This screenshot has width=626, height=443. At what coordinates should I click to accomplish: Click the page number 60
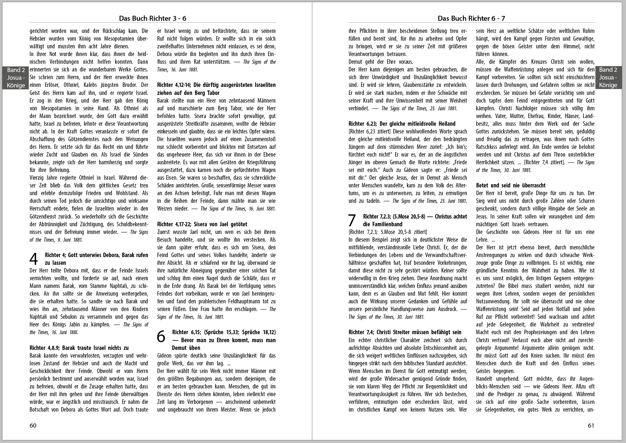click(x=33, y=426)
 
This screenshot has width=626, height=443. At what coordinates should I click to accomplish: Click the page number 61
click(x=591, y=426)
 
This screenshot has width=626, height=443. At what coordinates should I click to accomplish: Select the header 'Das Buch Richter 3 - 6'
click(x=152, y=18)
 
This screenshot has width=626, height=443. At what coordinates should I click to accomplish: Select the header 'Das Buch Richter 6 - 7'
click(x=471, y=18)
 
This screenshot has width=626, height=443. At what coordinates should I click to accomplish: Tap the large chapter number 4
click(x=34, y=259)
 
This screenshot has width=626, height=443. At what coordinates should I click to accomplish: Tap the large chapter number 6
click(x=161, y=336)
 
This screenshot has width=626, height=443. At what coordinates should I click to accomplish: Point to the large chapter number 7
click(x=352, y=220)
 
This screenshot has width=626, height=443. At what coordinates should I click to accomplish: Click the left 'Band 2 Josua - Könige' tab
click(x=16, y=78)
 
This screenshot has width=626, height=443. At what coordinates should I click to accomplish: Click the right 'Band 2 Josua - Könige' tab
click(x=608, y=78)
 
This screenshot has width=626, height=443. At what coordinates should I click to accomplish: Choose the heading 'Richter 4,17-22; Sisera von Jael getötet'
click(x=202, y=224)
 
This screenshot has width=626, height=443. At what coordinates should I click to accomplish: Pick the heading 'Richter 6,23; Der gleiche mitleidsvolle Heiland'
click(x=402, y=124)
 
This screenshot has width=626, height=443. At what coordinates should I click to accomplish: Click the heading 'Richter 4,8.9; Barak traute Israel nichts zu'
click(x=79, y=348)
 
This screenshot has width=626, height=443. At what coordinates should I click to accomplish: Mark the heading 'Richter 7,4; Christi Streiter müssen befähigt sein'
click(x=405, y=332)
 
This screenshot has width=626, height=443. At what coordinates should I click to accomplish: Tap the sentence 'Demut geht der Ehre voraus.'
click(x=381, y=62)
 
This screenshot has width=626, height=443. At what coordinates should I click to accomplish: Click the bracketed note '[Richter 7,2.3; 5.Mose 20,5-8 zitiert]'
click(x=388, y=232)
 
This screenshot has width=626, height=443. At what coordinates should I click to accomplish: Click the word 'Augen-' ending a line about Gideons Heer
click(x=584, y=379)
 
